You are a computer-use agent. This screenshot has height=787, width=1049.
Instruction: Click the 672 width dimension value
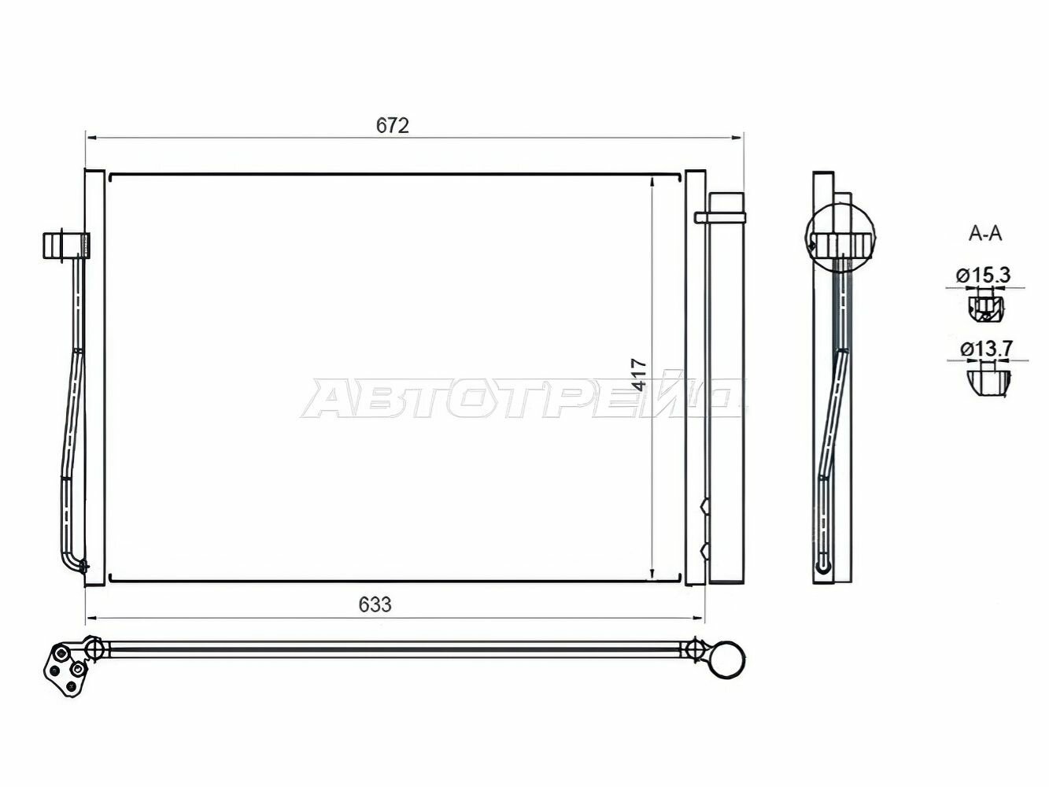[393, 126]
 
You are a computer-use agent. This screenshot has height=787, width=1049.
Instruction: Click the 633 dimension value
[375, 605]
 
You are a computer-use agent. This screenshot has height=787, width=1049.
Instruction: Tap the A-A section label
[985, 235]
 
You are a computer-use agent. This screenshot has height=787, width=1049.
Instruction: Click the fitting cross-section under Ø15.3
[985, 309]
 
